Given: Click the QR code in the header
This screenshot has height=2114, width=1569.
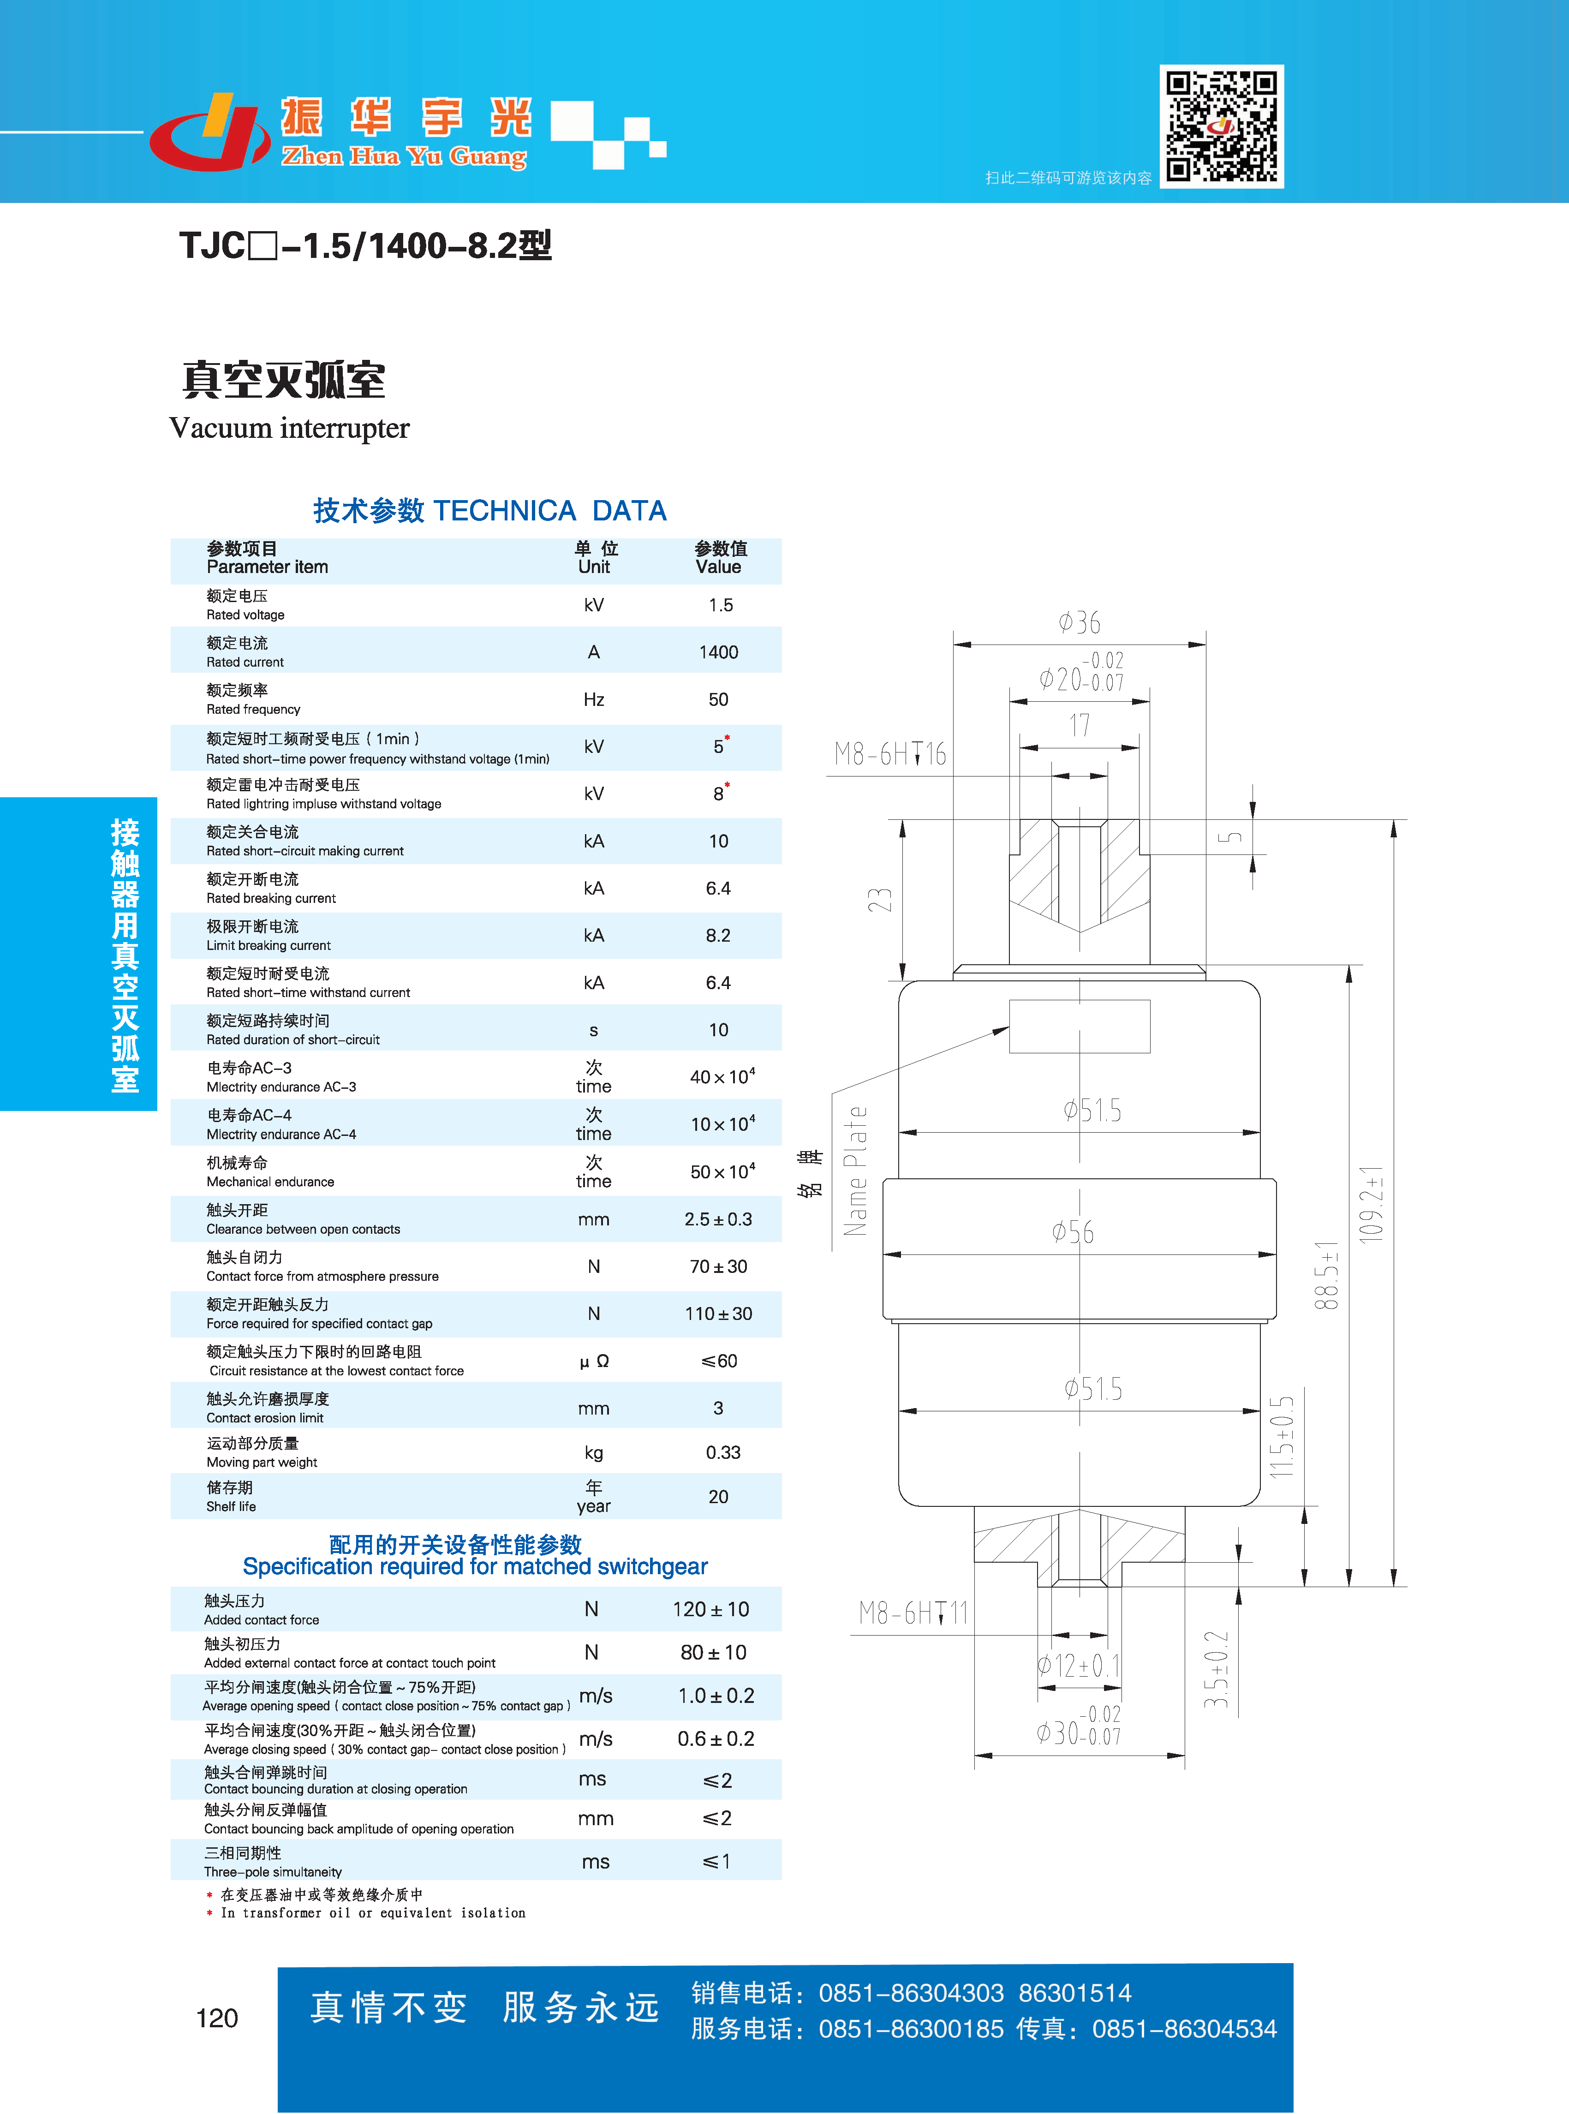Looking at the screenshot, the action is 1222,126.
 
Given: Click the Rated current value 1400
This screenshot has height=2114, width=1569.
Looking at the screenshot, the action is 718,652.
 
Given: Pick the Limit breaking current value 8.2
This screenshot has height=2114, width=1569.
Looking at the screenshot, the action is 718,936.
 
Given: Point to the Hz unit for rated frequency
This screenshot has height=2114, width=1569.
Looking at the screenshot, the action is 594,700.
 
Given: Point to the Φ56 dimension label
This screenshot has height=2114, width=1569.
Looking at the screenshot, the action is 1072,1232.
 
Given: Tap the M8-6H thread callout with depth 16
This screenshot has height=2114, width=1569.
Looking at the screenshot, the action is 890,754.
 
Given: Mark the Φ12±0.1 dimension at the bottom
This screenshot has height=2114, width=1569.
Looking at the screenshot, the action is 1079,1665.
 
